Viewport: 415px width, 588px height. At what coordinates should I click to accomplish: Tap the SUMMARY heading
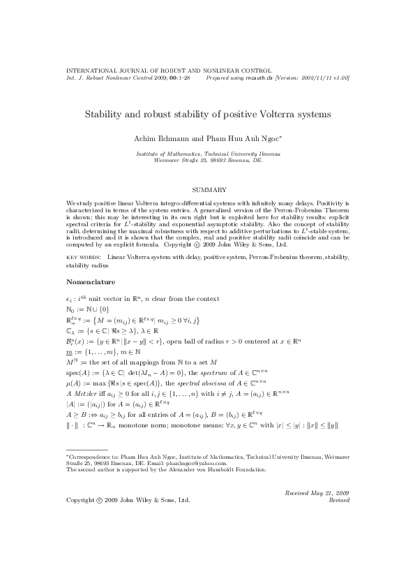click(x=207, y=190)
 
